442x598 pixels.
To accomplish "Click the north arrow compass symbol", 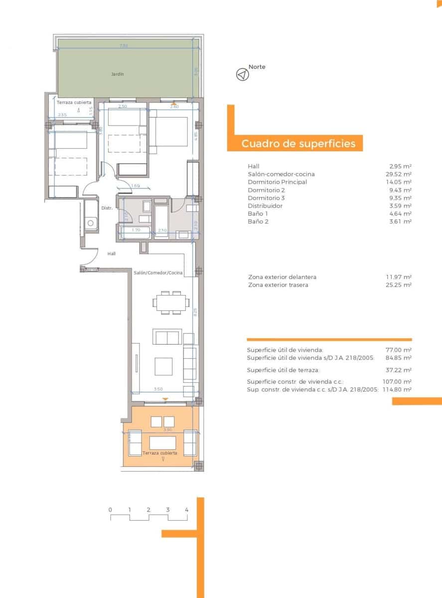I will [242, 75].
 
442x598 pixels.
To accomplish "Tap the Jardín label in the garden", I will [118, 74].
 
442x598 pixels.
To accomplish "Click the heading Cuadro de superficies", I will [298, 144].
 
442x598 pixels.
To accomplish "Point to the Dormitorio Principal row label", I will [277, 182].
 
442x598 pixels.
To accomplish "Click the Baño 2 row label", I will [258, 222].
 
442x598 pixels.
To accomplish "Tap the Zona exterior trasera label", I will [278, 285].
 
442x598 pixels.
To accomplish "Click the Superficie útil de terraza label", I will [283, 370].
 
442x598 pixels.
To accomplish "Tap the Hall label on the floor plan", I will [112, 254].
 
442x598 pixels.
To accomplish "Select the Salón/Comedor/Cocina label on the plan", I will [158, 273].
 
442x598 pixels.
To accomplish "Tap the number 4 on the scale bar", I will [186, 510].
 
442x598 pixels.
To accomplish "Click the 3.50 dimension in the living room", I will [158, 389].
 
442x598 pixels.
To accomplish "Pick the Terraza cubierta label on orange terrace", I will [159, 453].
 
